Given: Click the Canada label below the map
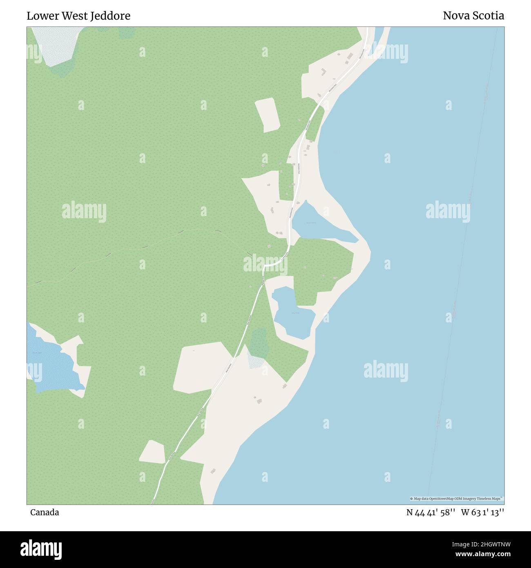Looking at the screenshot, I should (x=45, y=512).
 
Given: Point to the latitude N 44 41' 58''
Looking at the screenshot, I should (x=431, y=512).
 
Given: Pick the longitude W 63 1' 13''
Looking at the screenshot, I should (x=482, y=512).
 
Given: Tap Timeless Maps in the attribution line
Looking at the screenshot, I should (x=491, y=499).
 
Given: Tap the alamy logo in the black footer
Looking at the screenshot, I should (x=41, y=548).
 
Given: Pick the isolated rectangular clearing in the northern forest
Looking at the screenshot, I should (x=267, y=115).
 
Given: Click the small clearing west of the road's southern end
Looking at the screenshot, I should (x=152, y=452).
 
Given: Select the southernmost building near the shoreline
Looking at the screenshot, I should (x=213, y=471).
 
